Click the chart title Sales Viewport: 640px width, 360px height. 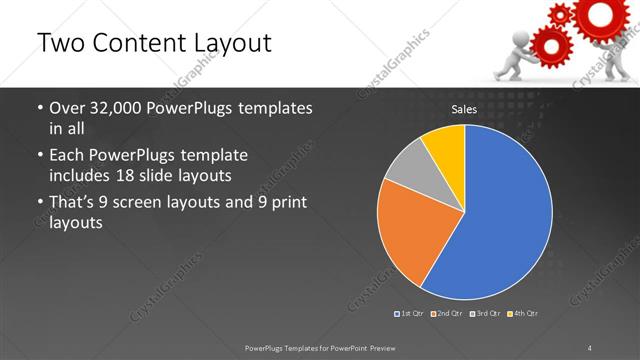pos(464,109)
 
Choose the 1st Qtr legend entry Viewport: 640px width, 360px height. pos(410,314)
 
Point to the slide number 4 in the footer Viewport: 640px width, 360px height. pos(590,347)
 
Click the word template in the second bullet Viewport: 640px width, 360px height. pos(214,156)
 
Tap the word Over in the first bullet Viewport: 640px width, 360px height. pos(68,108)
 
